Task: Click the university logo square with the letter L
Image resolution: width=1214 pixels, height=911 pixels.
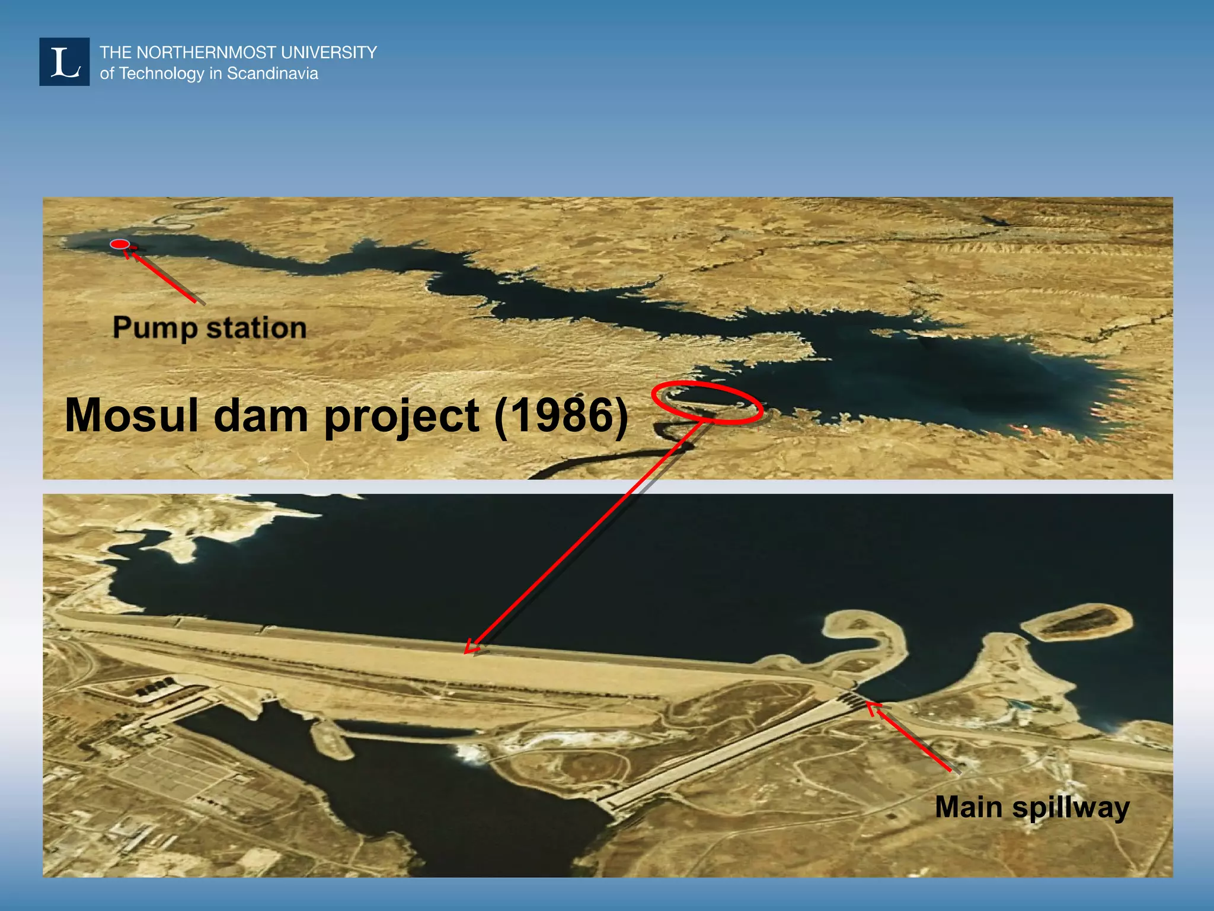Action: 64,62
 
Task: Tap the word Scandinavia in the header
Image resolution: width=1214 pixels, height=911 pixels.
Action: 273,74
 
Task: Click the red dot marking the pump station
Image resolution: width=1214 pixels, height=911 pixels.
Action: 120,244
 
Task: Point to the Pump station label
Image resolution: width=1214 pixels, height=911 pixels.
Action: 209,328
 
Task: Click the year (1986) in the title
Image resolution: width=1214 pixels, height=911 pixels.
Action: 561,415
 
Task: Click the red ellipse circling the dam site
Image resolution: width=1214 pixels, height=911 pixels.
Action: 707,403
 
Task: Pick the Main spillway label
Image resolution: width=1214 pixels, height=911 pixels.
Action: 1032,808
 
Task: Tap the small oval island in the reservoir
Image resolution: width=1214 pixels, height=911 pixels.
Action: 1076,623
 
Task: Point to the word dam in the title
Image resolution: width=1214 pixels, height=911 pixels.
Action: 261,415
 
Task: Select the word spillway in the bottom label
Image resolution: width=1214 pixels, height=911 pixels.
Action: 1071,808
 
